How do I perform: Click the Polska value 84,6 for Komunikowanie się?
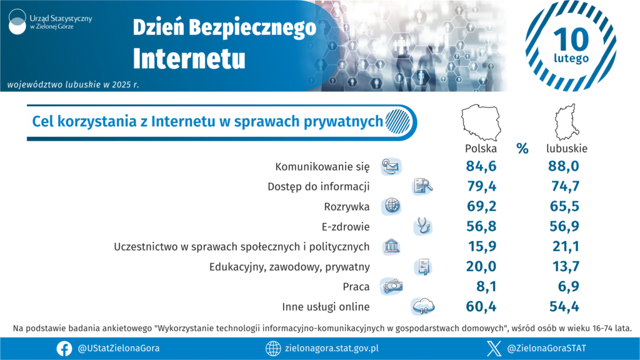coord(481,166)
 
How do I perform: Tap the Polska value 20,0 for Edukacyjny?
coord(481,267)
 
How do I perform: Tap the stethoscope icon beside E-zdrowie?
coord(424,226)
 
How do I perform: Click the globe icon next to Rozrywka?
coord(392,206)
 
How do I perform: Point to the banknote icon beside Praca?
coord(392,286)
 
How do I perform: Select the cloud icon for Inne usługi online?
coord(424,306)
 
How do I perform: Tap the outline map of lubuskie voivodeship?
coord(566,123)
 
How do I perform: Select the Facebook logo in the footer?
coord(64,348)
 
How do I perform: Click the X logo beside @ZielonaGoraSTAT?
coord(494,348)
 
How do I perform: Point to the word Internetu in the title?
coord(189,58)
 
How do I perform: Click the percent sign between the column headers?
coord(522,149)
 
